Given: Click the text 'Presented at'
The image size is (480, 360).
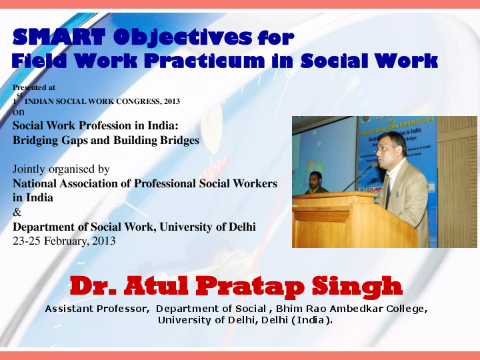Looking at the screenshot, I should [x=34, y=87].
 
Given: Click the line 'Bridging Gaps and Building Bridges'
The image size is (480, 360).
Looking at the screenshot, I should [x=106, y=140].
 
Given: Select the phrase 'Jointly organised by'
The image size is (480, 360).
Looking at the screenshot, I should [x=61, y=169].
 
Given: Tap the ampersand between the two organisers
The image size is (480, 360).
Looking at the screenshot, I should [x=17, y=213].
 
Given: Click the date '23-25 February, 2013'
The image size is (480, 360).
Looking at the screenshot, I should [x=64, y=241].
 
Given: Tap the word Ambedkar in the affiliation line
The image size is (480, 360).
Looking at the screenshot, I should [x=354, y=309].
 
